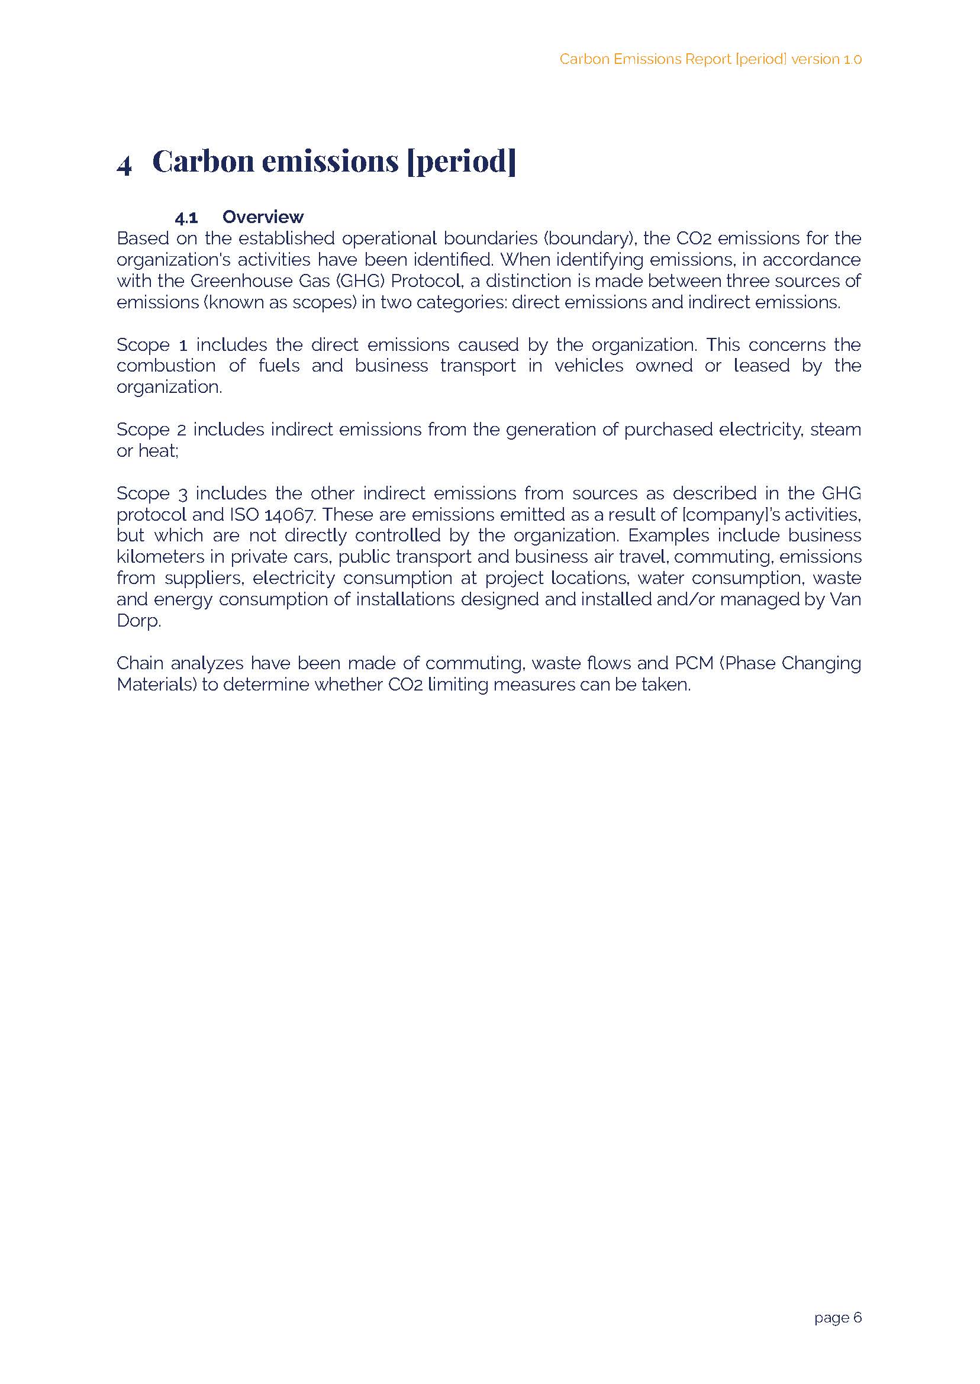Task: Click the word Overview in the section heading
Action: coord(263,217)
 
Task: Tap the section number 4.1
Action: coord(186,217)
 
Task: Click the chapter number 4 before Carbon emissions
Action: coord(124,164)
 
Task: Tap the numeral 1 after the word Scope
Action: coord(183,345)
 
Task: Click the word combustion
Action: coord(166,366)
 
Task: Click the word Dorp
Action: coord(138,621)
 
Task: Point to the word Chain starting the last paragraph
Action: coord(140,663)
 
